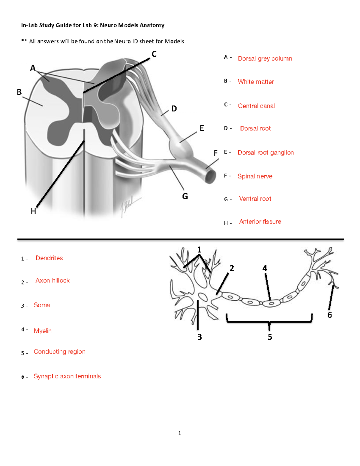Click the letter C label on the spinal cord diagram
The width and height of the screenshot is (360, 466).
[x=154, y=54]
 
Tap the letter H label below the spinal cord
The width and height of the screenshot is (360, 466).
[x=33, y=211]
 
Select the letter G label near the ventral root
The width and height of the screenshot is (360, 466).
[x=185, y=196]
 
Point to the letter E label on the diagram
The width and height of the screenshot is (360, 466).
[x=202, y=128]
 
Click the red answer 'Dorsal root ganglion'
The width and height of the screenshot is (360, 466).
[x=265, y=152]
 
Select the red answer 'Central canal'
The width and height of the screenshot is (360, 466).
[x=256, y=106]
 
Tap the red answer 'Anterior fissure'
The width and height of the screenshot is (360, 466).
[x=260, y=221]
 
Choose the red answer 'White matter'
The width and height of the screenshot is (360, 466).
[x=256, y=82]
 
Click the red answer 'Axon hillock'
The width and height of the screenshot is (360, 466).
[x=52, y=280]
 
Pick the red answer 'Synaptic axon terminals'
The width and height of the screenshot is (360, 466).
[x=67, y=376]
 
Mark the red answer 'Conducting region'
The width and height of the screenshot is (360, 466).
[x=59, y=351]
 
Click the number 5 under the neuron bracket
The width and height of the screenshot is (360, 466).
[x=270, y=337]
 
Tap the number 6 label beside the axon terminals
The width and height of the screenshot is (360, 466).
[x=329, y=315]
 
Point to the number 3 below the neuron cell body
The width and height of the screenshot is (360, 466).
[x=199, y=337]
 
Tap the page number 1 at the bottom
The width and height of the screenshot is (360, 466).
[x=179, y=433]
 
